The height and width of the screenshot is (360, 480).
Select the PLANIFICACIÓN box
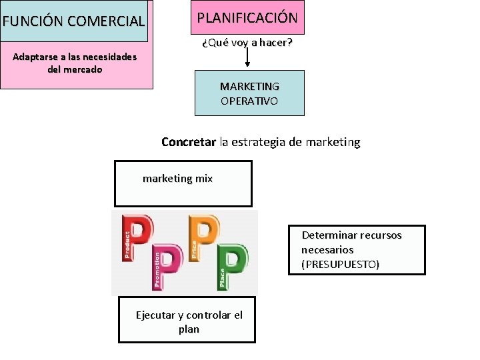247,17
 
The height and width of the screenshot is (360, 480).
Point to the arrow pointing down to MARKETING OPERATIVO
247,59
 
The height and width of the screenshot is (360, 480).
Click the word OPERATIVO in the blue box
249,101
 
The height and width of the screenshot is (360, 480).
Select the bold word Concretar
189,142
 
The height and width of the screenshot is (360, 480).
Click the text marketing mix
177,179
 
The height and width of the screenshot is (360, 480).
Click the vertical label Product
127,244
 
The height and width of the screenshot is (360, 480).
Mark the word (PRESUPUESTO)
340,265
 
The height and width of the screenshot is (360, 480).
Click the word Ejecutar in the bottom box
155,315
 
